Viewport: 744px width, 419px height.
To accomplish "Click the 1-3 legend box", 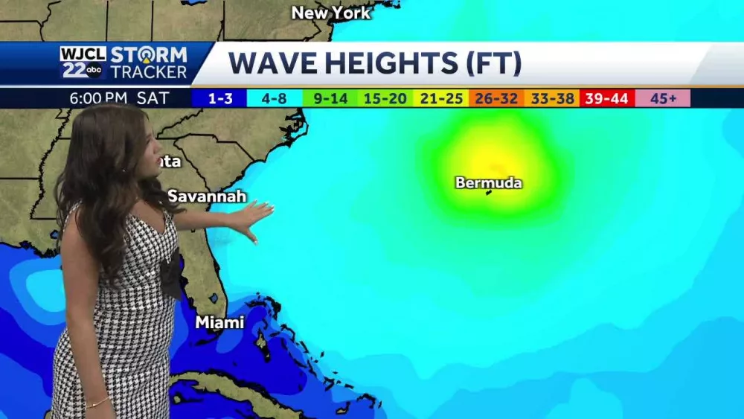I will pyautogui.click(x=219, y=98).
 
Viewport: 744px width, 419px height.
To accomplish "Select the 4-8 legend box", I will pyautogui.click(x=275, y=98).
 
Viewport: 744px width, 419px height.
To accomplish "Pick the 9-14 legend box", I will pyautogui.click(x=330, y=98).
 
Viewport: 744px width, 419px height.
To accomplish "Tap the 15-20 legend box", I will pyautogui.click(x=385, y=98).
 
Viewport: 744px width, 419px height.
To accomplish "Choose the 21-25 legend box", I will pyautogui.click(x=440, y=98).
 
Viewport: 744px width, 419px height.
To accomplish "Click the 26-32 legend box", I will pyautogui.click(x=496, y=98).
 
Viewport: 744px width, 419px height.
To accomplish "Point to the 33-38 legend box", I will pyautogui.click(x=551, y=98).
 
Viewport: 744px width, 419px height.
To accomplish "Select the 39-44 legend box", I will pyautogui.click(x=606, y=98).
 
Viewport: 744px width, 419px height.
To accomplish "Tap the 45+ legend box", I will pyautogui.click(x=662, y=98).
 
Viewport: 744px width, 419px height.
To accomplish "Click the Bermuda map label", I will pyautogui.click(x=489, y=182).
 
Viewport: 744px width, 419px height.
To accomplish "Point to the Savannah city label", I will pyautogui.click(x=207, y=196).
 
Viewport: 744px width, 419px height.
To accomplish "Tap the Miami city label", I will pyautogui.click(x=219, y=322).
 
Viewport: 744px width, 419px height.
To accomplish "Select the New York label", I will pyautogui.click(x=330, y=13).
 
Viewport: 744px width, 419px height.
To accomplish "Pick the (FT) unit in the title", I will pyautogui.click(x=493, y=64).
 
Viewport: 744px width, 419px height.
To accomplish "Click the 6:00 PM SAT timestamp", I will pyautogui.click(x=120, y=98).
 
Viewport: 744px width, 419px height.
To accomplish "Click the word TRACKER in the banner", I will pyautogui.click(x=149, y=72).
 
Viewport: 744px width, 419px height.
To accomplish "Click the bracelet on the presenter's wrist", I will pyautogui.click(x=97, y=404).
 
